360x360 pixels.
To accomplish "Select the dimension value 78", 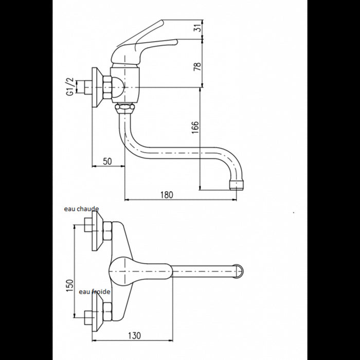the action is (x=197, y=66).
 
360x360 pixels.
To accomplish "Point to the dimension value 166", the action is (x=195, y=128).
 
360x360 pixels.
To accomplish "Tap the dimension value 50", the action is (x=107, y=161).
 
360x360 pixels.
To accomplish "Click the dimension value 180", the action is (x=167, y=195).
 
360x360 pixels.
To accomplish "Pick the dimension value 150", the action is (x=70, y=285).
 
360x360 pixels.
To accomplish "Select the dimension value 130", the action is (x=134, y=335).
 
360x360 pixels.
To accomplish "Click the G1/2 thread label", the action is (x=70, y=86).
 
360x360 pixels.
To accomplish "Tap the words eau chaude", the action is (x=81, y=209).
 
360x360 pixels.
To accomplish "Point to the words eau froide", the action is (x=95, y=292).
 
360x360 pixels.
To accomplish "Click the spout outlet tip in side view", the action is (x=236, y=185).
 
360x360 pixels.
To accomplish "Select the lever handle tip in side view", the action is (x=176, y=42).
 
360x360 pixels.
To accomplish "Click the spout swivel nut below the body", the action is (x=124, y=108).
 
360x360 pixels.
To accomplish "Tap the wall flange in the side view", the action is (x=96, y=87).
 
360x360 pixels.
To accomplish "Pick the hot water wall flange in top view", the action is (x=96, y=231).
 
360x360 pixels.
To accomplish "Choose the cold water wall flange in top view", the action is (x=96, y=312).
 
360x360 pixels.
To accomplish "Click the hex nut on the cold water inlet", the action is (x=107, y=312).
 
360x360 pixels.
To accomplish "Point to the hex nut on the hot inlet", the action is (x=107, y=231).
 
